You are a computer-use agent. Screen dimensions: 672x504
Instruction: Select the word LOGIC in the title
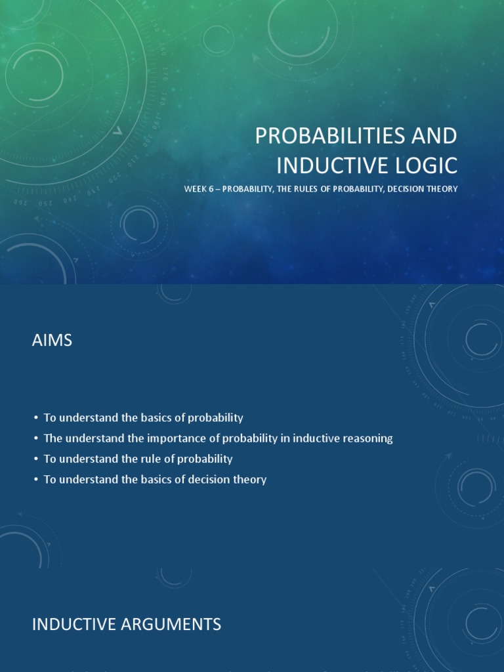click(426, 165)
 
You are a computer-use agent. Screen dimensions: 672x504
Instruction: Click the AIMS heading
click(52, 341)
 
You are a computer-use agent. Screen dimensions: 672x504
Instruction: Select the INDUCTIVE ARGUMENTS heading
click(126, 625)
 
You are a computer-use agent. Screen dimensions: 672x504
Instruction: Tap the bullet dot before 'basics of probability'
click(35, 418)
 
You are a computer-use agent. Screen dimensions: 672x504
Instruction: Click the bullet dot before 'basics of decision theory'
click(35, 480)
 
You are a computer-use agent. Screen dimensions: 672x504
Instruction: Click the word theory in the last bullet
click(251, 480)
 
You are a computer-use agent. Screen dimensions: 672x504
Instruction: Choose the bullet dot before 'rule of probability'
click(35, 459)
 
